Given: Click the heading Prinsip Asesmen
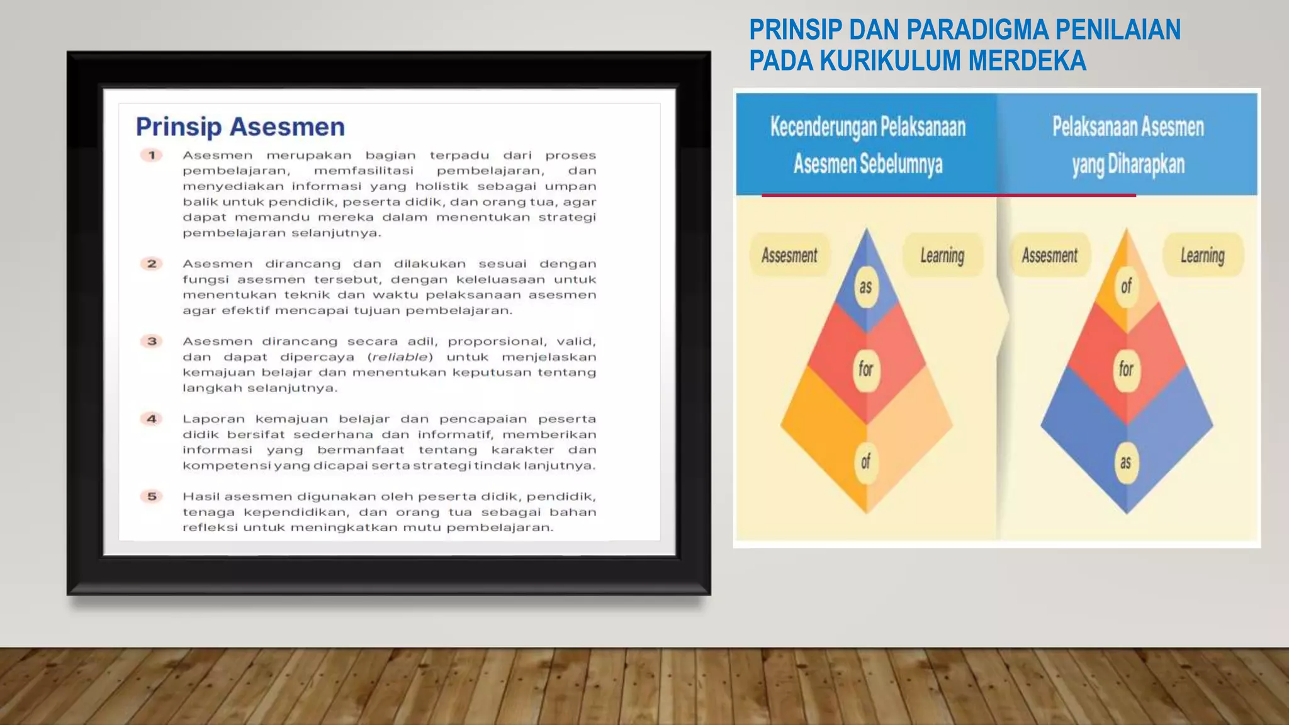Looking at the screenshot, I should tap(240, 127).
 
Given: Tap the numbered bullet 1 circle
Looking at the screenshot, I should tap(152, 155).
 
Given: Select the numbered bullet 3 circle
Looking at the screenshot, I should tap(152, 341).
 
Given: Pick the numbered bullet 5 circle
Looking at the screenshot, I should tap(152, 497).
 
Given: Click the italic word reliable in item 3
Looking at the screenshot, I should tap(400, 357).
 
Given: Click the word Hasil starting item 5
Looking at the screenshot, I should tap(200, 497).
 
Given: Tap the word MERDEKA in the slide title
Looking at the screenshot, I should tap(1027, 61).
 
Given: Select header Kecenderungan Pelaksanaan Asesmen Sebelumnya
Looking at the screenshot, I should tap(867, 145).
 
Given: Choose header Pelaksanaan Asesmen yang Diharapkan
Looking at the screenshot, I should tap(1128, 145).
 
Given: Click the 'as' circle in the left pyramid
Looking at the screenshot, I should tap(866, 287).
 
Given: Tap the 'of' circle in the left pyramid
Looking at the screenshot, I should tap(866, 461).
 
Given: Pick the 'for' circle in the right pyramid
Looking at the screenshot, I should tap(1126, 369).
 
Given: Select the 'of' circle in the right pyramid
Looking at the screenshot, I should tap(1126, 287).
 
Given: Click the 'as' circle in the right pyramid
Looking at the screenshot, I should tap(1126, 463).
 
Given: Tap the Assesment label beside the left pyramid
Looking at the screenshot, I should tap(789, 256).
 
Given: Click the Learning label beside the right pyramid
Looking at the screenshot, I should tap(1202, 256).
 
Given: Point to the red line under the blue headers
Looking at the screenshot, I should tap(948, 196).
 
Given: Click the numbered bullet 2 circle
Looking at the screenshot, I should tap(152, 264).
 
